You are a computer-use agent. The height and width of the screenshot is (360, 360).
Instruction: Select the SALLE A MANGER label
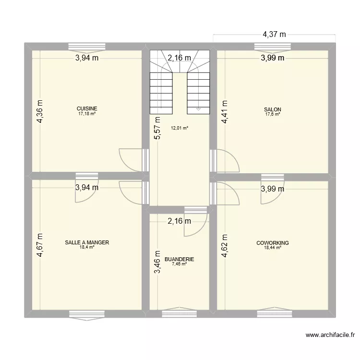click(87, 243)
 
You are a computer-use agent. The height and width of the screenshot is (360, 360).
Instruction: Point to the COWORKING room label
click(272, 243)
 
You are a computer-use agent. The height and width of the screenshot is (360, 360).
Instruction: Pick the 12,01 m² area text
click(179, 128)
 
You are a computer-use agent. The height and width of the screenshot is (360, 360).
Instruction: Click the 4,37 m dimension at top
click(274, 34)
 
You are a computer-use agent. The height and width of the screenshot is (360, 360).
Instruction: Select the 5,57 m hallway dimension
click(156, 128)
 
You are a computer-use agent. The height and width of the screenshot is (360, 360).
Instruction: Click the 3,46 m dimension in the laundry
click(156, 262)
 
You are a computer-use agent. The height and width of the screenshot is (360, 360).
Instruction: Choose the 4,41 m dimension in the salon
click(224, 112)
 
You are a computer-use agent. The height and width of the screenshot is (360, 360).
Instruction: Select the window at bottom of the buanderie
click(179, 314)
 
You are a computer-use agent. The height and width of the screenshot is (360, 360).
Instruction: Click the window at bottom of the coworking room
click(272, 314)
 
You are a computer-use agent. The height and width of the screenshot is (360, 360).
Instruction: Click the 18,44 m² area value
click(272, 248)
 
